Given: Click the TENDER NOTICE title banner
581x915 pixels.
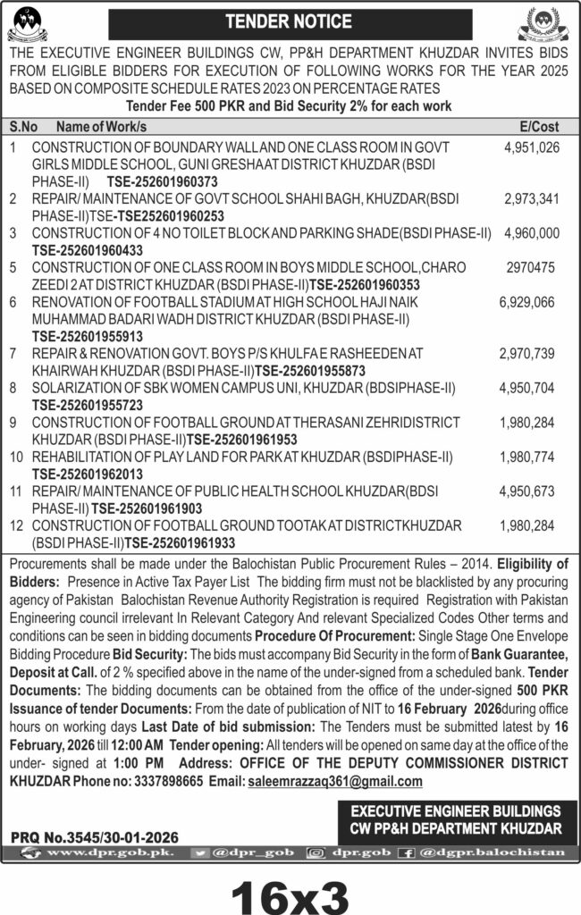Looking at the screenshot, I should pyautogui.click(x=290, y=21).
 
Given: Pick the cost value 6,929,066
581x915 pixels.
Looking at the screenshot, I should pyautogui.click(x=530, y=303).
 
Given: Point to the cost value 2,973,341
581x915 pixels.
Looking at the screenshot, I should pyautogui.click(x=532, y=198).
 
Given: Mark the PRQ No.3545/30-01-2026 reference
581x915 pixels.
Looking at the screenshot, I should pyautogui.click(x=95, y=837).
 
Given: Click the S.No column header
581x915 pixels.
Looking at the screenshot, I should pyautogui.click(x=24, y=126).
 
